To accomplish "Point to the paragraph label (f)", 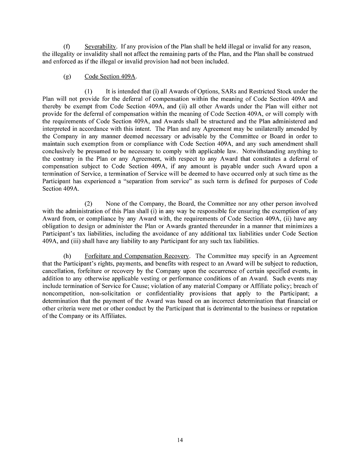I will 67,46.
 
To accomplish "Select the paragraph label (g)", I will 67,76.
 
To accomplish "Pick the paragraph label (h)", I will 67,256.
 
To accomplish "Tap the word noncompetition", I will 61,294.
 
